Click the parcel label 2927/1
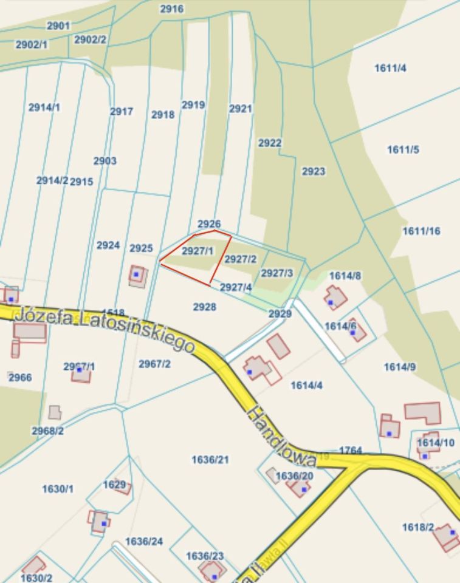coord(197,251)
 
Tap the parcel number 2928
coord(205,307)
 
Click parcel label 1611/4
coord(390,68)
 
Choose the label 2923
coord(314,172)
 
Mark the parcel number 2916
coord(171,9)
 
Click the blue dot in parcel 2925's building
coord(137,274)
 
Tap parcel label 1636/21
coord(210,460)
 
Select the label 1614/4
coord(306,386)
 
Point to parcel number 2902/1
coord(31,45)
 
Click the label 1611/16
coord(421,231)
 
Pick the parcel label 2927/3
coord(276,273)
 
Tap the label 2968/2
coord(48,431)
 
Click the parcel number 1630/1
coord(58,489)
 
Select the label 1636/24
coord(144,541)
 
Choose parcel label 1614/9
coord(400,367)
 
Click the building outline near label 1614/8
coord(335,298)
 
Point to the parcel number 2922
coord(270,143)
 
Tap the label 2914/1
coord(44,107)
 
